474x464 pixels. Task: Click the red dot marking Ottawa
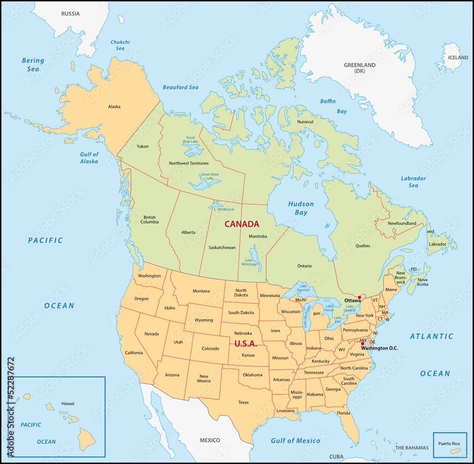359,297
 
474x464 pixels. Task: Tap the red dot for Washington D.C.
363,343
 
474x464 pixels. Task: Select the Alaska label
114,107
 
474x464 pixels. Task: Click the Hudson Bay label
301,208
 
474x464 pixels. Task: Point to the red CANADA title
242,224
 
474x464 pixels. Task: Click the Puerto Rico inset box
450,445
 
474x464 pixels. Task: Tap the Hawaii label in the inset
68,403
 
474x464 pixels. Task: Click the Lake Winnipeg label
250,262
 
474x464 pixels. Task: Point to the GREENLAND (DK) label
359,68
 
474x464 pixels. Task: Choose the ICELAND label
457,57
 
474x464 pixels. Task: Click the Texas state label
243,402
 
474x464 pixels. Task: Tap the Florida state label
344,413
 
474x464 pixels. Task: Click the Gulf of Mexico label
295,441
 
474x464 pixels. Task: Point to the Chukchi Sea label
120,45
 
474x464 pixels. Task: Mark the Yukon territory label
142,146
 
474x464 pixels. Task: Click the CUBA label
336,456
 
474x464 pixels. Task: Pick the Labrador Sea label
413,182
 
